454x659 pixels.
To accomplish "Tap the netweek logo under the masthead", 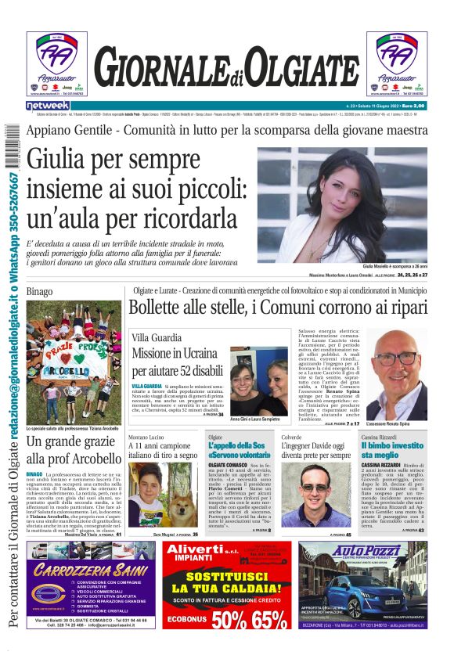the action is click(48, 105).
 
